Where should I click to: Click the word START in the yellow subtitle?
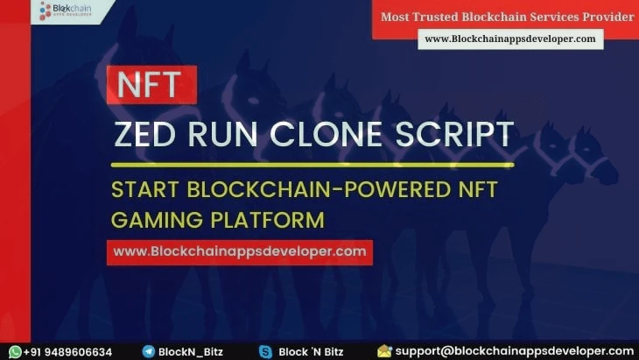(144, 188)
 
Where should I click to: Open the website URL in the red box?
(240, 251)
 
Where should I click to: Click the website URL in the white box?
(509, 39)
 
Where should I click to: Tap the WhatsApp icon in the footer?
(14, 351)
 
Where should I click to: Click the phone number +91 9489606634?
(68, 351)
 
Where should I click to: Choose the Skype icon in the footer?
(265, 351)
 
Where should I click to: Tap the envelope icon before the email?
(384, 351)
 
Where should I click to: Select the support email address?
(514, 351)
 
